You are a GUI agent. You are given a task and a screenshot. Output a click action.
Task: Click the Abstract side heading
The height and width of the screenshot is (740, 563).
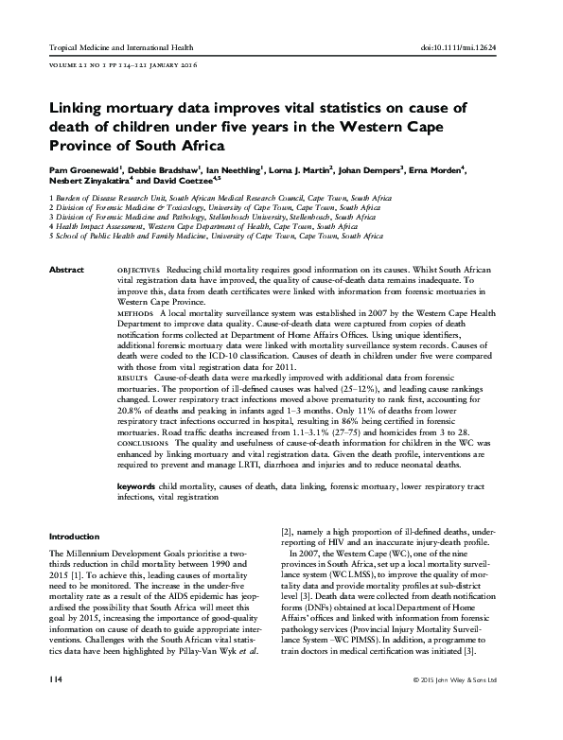click(x=65, y=271)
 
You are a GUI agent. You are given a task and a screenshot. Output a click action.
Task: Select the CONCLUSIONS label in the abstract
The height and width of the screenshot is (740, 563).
click(x=141, y=442)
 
